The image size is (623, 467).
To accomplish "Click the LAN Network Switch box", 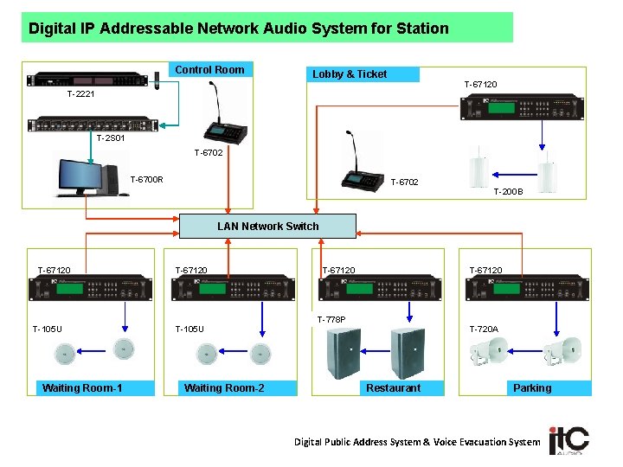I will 267,226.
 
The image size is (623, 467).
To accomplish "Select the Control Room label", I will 209,69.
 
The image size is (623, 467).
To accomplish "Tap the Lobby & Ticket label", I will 350,74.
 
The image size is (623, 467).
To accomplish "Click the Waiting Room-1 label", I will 82,387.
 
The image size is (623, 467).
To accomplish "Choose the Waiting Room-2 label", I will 224,387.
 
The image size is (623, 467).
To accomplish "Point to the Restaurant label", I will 393,387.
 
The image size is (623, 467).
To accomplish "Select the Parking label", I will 531,387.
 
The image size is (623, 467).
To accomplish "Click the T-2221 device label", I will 82,94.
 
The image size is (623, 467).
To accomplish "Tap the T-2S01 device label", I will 111,138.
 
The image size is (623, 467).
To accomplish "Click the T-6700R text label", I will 146,180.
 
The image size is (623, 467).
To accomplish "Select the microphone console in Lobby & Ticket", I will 363,172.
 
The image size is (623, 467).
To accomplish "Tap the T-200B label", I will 508,192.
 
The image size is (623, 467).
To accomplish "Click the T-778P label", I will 331,319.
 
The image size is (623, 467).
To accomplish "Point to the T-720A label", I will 484,329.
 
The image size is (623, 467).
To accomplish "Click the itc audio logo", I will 568,440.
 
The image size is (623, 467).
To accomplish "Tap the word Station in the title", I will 421,29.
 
